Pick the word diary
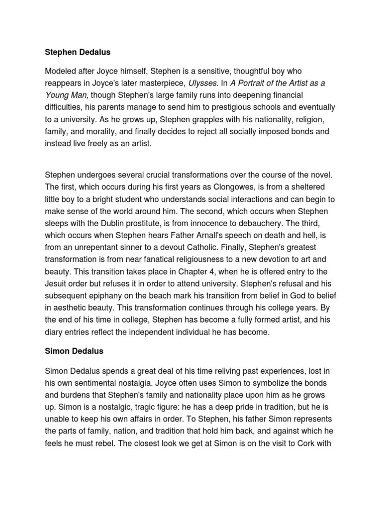(54, 333)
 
